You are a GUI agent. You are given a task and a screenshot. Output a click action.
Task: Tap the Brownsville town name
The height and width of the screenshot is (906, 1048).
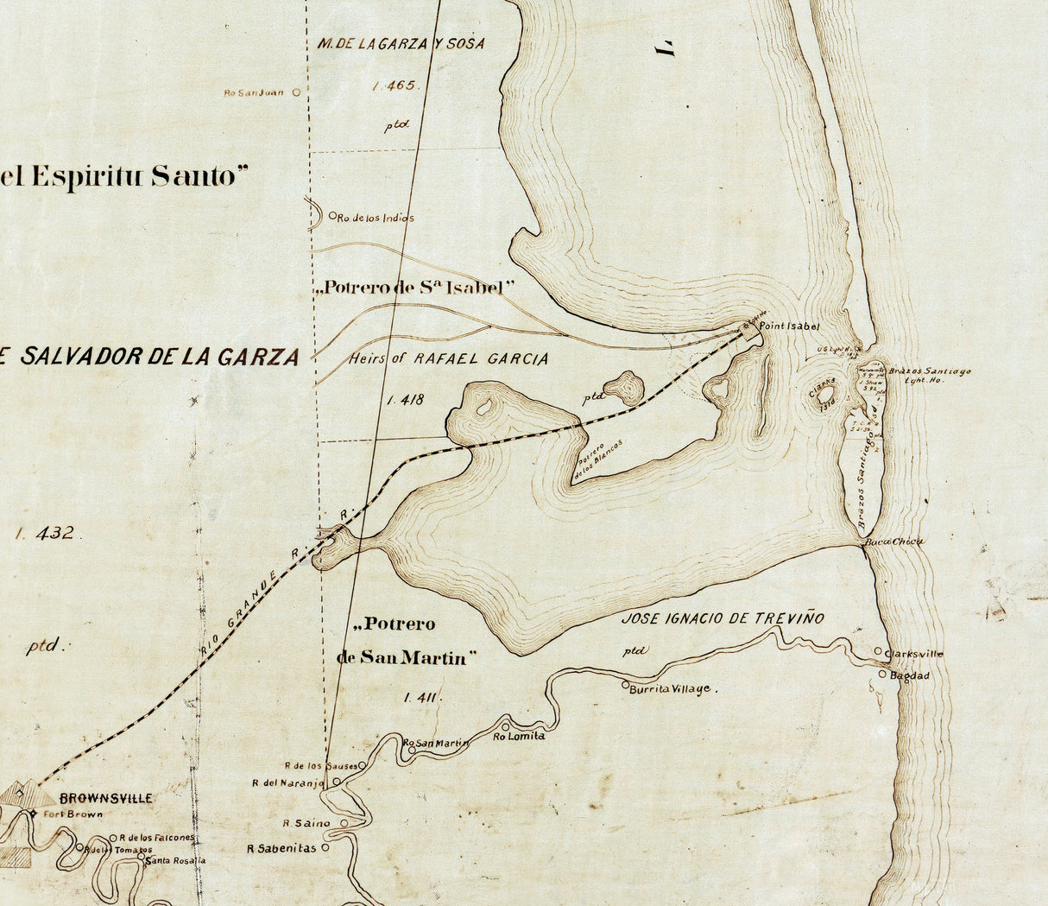106,798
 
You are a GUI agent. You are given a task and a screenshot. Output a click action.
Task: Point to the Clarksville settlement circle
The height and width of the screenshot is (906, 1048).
878,652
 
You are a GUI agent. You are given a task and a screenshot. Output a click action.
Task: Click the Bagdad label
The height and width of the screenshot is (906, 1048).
910,675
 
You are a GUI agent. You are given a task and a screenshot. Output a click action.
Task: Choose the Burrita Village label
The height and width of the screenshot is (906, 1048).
670,689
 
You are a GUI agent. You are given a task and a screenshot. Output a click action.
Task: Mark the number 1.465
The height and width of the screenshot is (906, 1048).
395,86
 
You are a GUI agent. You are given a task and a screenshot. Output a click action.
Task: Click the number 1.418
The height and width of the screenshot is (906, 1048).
406,399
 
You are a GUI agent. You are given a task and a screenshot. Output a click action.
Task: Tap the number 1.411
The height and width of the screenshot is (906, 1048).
421,698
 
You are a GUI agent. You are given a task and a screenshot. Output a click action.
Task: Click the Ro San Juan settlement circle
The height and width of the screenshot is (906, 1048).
296,92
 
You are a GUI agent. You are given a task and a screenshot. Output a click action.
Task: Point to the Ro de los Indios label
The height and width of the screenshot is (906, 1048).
376,218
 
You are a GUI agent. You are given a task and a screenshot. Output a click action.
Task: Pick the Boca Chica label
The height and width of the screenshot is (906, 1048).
894,542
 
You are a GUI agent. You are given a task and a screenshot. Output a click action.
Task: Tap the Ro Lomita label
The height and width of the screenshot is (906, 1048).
519,736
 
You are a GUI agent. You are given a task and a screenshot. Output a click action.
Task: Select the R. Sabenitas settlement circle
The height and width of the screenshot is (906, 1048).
325,848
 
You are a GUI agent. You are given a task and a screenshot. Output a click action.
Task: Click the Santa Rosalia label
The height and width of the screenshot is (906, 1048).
175,860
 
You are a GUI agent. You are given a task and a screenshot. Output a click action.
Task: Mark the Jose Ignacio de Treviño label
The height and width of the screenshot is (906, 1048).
723,618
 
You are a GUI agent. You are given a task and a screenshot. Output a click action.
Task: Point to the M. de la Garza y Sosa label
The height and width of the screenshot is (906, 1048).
401,43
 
